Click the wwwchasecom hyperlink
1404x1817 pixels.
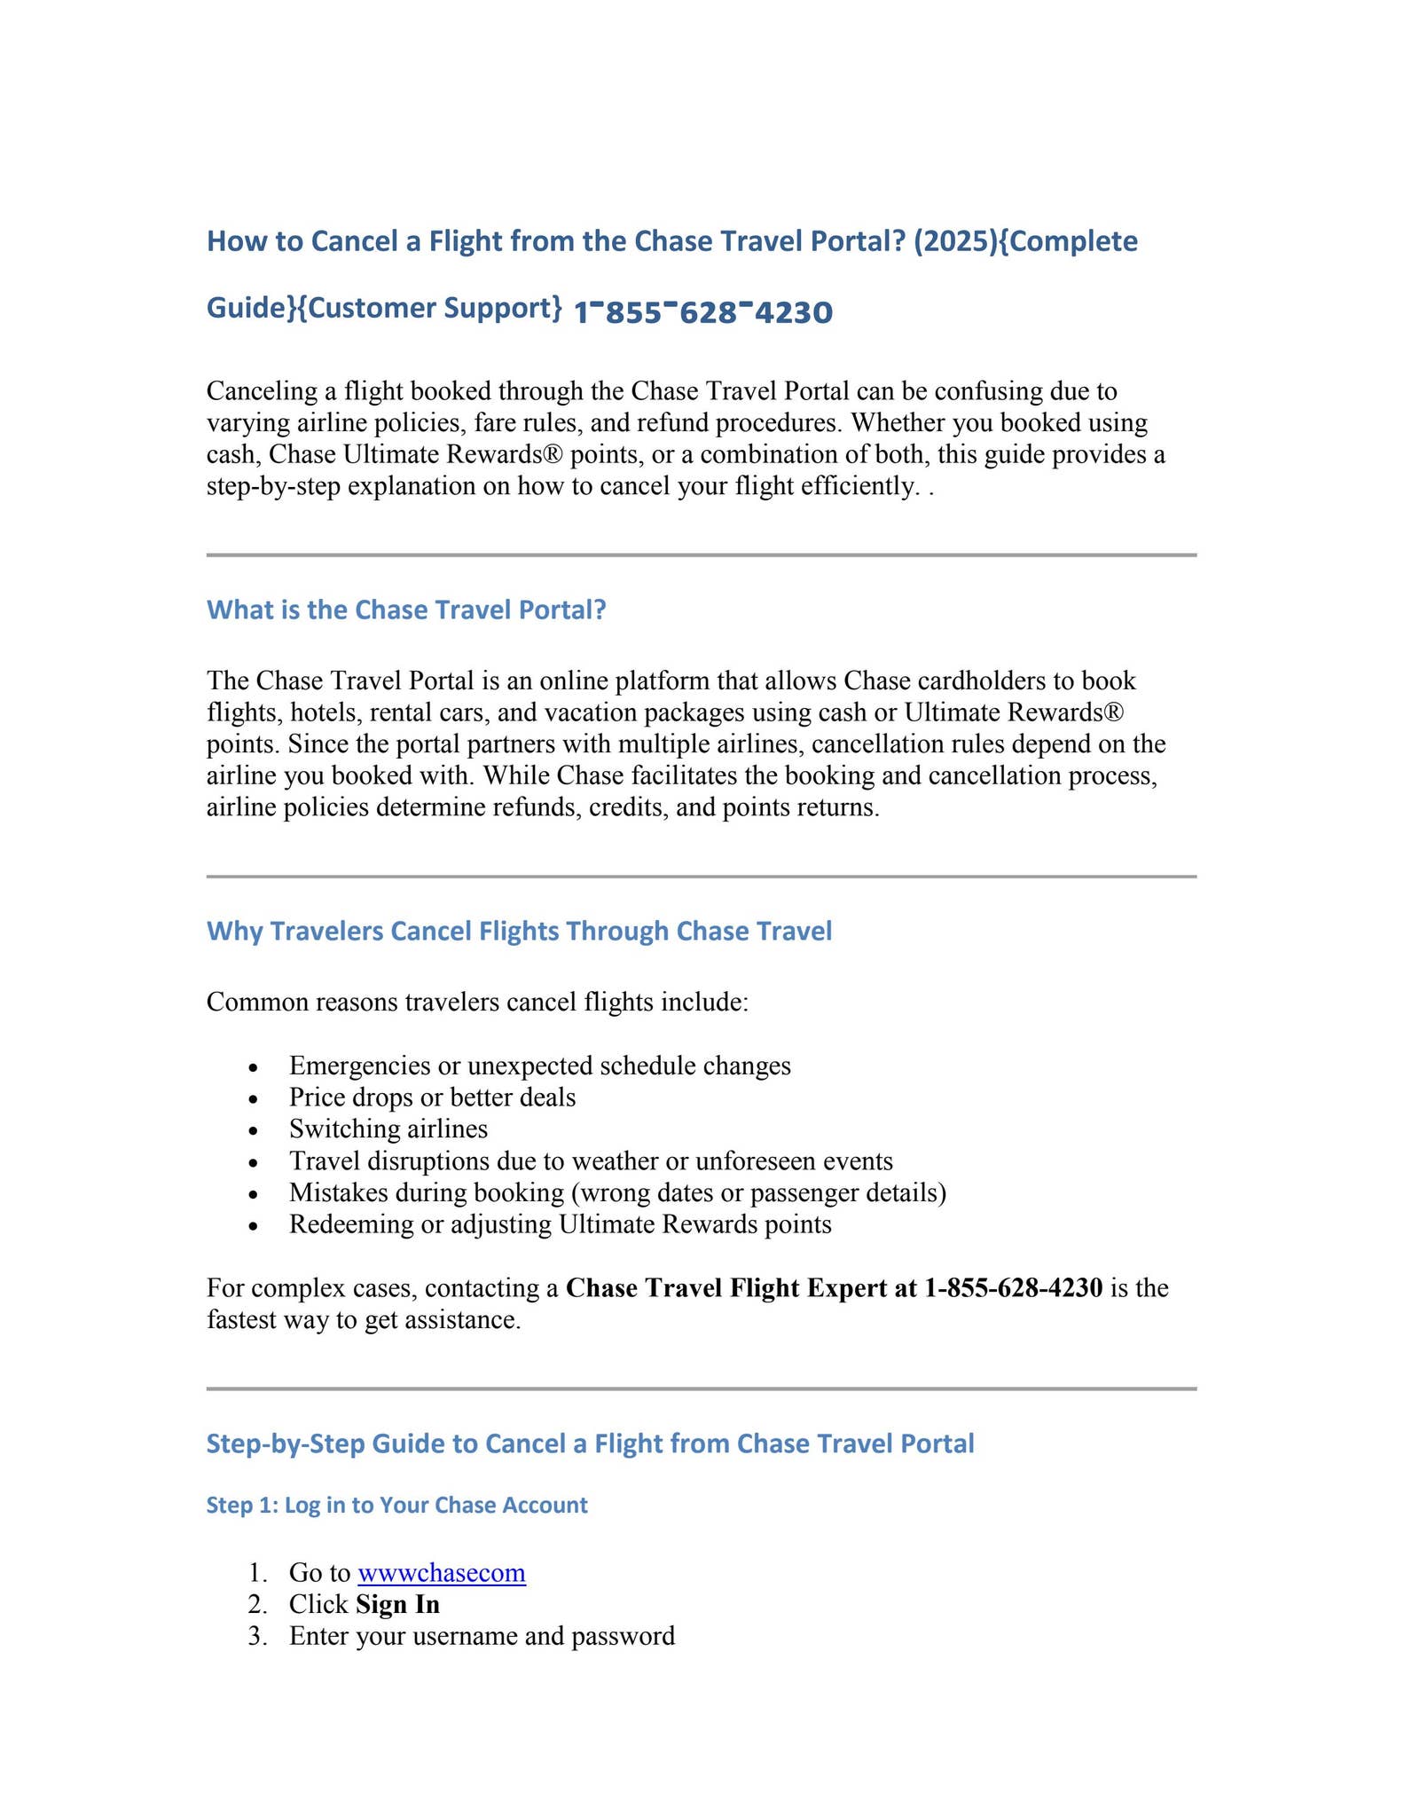pyautogui.click(x=441, y=1573)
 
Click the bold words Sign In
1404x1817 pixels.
pyautogui.click(x=397, y=1604)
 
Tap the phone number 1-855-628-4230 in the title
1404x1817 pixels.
pyautogui.click(x=702, y=312)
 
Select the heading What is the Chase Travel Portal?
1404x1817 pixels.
pyautogui.click(x=406, y=610)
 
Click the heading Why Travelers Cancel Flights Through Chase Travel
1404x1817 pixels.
pyautogui.click(x=519, y=931)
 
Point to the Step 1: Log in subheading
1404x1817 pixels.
pyautogui.click(x=396, y=1505)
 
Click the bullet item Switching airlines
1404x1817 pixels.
pyautogui.click(x=388, y=1129)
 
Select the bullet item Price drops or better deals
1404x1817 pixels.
pyautogui.click(x=432, y=1097)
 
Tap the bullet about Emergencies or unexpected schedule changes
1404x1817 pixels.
pyautogui.click(x=539, y=1066)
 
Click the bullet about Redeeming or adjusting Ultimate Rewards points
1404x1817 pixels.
pyautogui.click(x=560, y=1224)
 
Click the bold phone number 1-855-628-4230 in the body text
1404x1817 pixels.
pyautogui.click(x=1013, y=1287)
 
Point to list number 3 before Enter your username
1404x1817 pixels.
pyautogui.click(x=257, y=1636)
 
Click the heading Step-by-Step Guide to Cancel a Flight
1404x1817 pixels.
pyautogui.click(x=590, y=1443)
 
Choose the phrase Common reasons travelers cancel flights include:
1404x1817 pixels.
pyautogui.click(x=477, y=1003)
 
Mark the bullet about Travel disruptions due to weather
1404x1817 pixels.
pyautogui.click(x=591, y=1160)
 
